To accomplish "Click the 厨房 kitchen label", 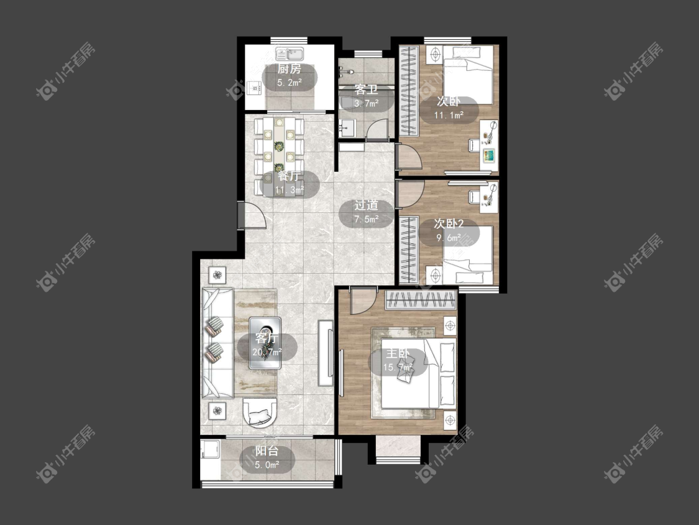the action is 290,69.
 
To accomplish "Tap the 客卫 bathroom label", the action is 366,90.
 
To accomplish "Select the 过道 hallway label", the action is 366,205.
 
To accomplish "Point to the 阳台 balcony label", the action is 267,451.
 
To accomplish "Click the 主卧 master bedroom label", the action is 398,353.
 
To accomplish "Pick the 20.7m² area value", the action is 267,352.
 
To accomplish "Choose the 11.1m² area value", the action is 449,115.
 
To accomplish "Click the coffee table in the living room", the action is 265,343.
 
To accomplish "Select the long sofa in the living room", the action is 217,343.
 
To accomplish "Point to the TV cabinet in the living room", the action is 326,353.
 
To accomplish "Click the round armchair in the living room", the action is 260,412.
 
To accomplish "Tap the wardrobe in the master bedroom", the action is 421,299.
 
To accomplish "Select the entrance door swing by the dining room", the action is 252,215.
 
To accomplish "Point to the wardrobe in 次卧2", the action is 409,250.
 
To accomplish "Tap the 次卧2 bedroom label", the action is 449,223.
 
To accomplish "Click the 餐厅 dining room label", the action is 288,175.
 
